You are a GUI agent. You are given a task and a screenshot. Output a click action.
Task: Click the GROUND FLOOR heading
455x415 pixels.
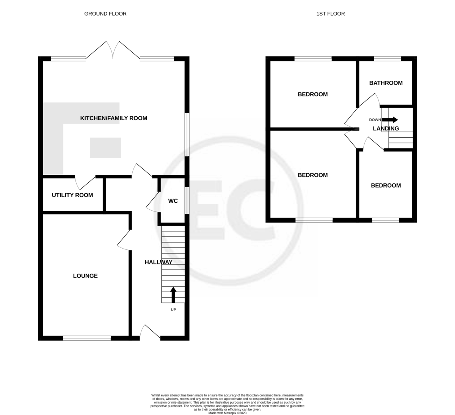click(105, 14)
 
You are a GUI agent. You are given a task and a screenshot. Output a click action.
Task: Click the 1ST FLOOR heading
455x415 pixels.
click(330, 14)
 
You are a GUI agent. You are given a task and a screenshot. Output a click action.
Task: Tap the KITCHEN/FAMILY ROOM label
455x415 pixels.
click(113, 118)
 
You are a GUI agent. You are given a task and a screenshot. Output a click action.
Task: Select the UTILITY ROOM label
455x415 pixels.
click(72, 195)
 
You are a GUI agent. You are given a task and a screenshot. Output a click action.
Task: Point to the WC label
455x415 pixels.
click(173, 201)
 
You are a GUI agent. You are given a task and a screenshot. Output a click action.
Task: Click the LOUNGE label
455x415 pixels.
click(85, 276)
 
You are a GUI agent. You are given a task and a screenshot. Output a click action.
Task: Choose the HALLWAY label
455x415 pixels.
click(158, 262)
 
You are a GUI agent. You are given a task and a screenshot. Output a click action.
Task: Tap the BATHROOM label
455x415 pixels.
click(386, 83)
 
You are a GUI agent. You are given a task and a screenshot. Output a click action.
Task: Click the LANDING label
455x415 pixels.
click(386, 128)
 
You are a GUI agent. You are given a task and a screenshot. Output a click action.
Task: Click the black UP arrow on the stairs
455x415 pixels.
click(173, 295)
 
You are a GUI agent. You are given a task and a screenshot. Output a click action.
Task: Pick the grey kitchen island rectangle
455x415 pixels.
click(105, 148)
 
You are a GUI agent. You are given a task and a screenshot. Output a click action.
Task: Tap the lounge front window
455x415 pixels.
click(87, 338)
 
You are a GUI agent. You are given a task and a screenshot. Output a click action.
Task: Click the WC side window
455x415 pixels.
click(187, 200)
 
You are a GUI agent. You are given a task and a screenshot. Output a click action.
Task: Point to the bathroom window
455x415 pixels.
click(387, 59)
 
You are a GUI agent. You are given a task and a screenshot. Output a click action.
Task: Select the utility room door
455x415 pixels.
click(85, 182)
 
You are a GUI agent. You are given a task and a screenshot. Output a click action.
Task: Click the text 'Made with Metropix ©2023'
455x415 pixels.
click(227, 413)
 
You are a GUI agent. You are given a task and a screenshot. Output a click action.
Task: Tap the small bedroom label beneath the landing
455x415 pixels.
click(386, 186)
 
